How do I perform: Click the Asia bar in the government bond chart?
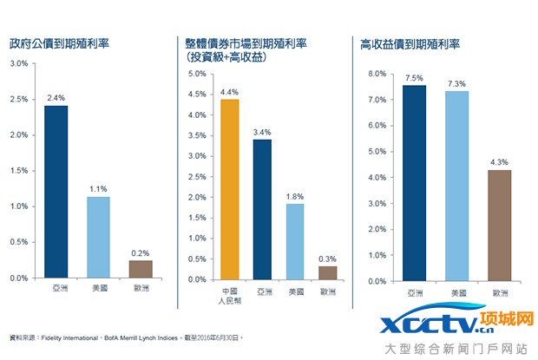tap(56, 191)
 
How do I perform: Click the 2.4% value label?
tap(56, 98)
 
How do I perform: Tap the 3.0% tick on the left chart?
tap(18, 63)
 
